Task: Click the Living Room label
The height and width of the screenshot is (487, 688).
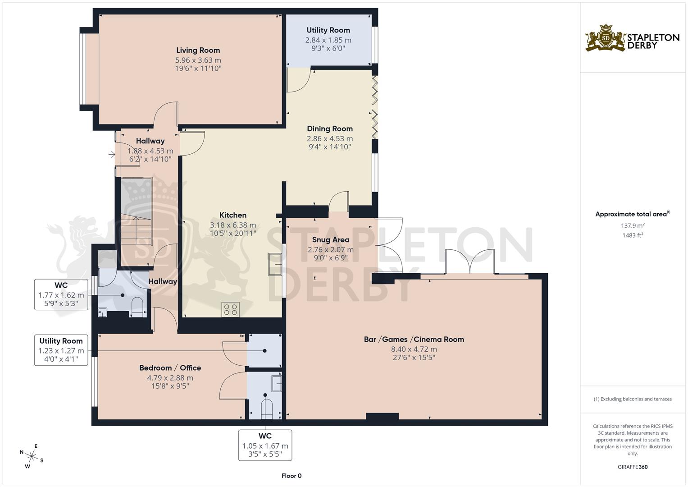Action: [x=198, y=51]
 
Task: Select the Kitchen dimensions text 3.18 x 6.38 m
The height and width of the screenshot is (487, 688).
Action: [x=232, y=225]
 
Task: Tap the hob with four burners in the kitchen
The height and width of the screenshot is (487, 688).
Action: [x=231, y=309]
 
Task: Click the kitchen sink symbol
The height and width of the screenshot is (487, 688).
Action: [x=275, y=264]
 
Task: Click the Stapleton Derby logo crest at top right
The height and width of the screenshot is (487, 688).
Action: [x=606, y=38]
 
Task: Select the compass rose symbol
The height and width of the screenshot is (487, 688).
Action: [x=32, y=456]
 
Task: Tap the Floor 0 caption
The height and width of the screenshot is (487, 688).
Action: [x=291, y=476]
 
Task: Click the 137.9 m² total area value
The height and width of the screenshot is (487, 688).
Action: [x=632, y=225]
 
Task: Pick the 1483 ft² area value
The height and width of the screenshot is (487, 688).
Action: [x=632, y=235]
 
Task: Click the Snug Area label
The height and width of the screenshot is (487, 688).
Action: [x=330, y=240]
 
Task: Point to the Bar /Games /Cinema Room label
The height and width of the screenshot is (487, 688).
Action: [x=414, y=340]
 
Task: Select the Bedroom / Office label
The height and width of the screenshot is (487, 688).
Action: [x=170, y=368]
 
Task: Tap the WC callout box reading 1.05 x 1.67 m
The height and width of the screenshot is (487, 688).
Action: [x=265, y=445]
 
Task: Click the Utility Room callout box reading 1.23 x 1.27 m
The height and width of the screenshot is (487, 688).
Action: [x=61, y=350]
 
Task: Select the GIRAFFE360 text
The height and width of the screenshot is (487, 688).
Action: [x=632, y=467]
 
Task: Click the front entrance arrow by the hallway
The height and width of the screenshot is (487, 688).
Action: [x=112, y=155]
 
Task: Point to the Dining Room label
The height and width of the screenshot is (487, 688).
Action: [x=329, y=129]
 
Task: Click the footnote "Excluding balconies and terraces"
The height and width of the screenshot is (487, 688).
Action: [x=632, y=399]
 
